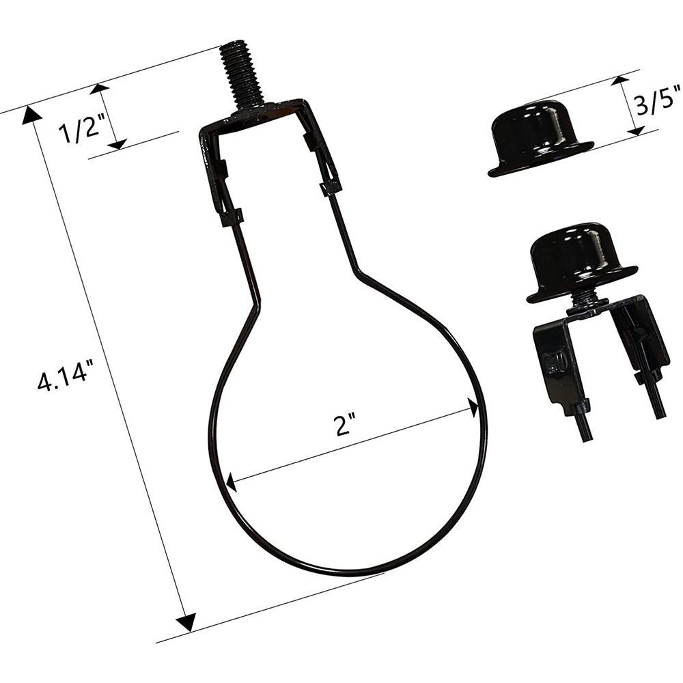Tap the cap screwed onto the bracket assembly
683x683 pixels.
[x=582, y=263]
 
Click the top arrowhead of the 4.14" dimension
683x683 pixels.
[x=31, y=114]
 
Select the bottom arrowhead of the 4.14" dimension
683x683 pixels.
[x=186, y=622]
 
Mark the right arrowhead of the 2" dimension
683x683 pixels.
[x=473, y=407]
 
